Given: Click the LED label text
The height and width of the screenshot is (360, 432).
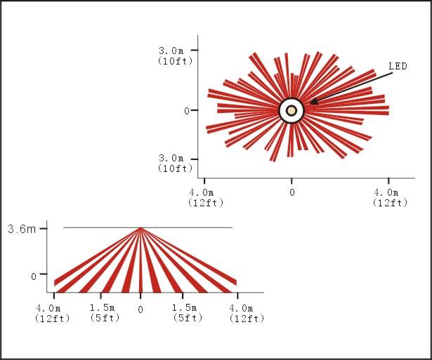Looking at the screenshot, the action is coord(398,67).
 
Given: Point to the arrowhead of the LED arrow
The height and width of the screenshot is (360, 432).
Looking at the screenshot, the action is coord(314,102).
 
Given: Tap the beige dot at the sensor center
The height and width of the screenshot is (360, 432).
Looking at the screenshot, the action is coord(292,111).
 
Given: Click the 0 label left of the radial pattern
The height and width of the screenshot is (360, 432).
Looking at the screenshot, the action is coord(187,111).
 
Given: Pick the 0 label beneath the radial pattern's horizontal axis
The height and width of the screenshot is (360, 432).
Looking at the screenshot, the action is coord(292,192).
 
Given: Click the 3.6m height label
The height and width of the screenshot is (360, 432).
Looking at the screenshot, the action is coord(22,229).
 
